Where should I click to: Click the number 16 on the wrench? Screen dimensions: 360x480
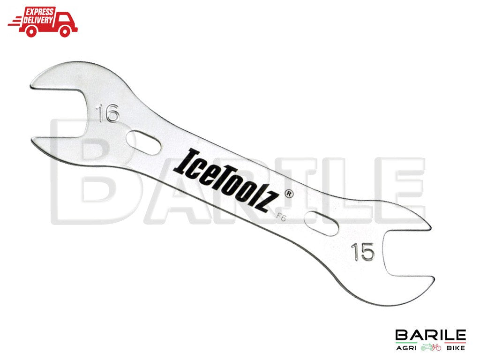[x=108, y=114]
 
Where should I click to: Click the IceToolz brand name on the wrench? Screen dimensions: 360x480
[x=228, y=180]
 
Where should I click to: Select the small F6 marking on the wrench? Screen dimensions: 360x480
[x=282, y=217]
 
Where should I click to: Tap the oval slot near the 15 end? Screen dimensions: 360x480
[x=321, y=222]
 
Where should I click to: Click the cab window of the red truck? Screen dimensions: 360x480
[x=67, y=16]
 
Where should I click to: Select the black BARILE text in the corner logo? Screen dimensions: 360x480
[x=430, y=336]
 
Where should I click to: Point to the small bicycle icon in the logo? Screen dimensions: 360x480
[x=431, y=348]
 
